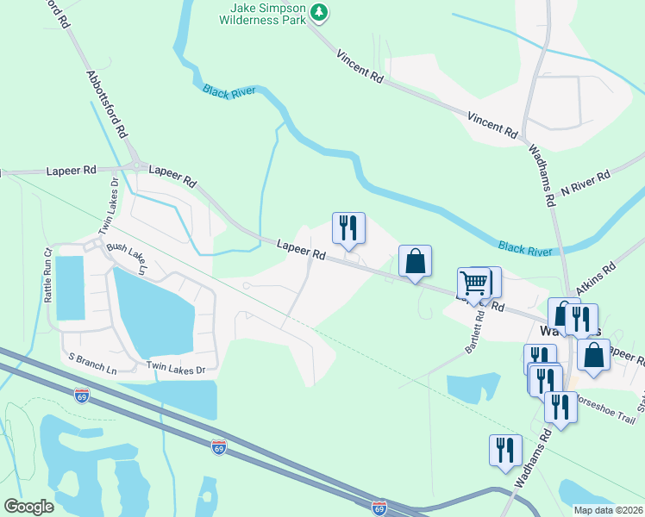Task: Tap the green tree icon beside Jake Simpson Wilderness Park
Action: (x=320, y=11)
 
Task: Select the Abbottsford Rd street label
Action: (x=109, y=104)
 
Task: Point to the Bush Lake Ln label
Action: (x=128, y=258)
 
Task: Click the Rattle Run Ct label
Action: (x=49, y=275)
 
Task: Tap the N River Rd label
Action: (x=586, y=182)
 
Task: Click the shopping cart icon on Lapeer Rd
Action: (x=473, y=281)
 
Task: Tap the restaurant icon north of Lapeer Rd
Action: (x=348, y=227)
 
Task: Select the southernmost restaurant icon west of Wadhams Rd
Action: (x=505, y=450)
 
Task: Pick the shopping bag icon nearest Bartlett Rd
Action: (x=415, y=260)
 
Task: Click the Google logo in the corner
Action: (x=29, y=506)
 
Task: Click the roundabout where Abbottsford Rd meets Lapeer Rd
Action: (x=135, y=166)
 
